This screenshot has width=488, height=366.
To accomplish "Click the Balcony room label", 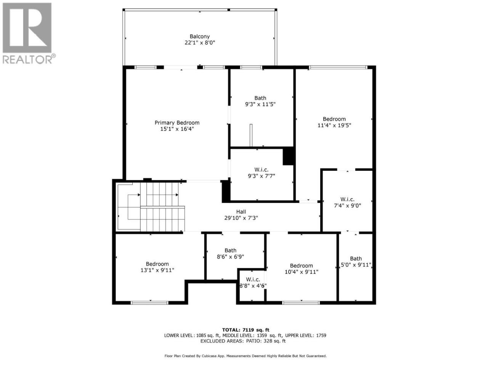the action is (199, 36).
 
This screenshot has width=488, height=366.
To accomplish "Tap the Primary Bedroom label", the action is (177, 122).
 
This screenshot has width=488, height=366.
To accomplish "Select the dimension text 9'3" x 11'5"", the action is (260, 104).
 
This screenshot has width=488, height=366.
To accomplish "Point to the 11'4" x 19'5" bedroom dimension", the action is (334, 125).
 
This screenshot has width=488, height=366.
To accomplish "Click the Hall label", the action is (241, 212).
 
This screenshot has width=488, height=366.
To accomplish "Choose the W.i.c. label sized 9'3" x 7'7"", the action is (261, 170).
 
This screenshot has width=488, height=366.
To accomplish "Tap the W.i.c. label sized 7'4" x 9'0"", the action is (347, 199).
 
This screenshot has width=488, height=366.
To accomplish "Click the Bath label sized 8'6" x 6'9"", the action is (230, 250).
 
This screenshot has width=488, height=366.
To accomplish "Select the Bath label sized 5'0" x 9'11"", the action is (356, 258).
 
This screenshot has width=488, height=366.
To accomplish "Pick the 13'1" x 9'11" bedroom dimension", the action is (157, 270).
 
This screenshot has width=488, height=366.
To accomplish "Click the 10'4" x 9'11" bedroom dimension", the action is (302, 272).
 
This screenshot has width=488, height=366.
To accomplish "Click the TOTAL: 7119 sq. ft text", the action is (246, 330).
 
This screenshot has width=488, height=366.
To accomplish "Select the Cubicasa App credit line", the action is (246, 356).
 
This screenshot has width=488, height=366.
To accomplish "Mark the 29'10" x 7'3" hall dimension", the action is (241, 218).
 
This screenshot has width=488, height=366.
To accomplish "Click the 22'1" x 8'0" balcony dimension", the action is (200, 43).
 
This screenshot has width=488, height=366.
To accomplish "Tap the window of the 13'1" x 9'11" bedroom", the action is (149, 303).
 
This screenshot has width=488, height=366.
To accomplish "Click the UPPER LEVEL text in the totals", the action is (299, 335).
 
